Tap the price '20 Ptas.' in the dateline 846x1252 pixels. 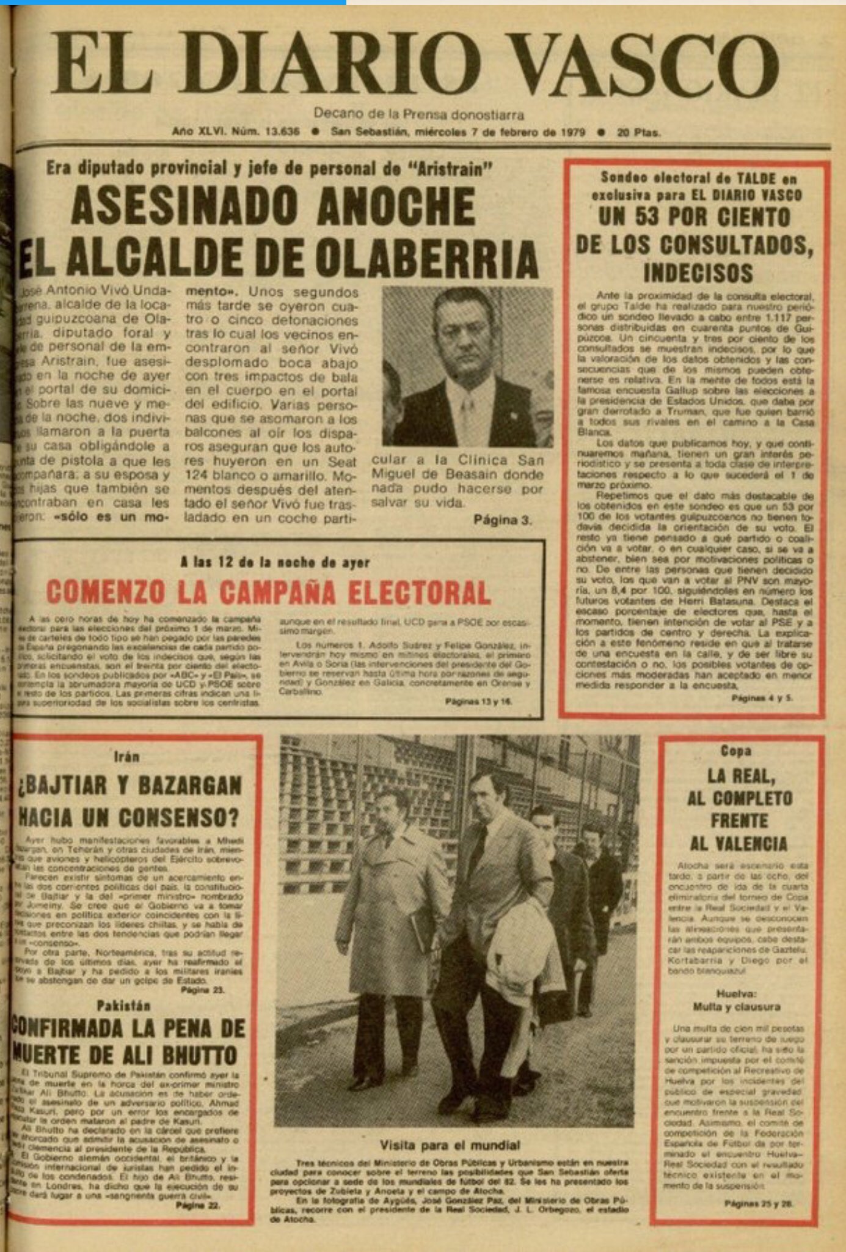[x=638, y=132]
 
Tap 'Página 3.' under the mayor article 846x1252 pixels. [x=502, y=520]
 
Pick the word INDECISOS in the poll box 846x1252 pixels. [x=698, y=273]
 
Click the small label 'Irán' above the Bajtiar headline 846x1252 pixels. [x=127, y=757]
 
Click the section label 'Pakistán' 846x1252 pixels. [x=123, y=1005]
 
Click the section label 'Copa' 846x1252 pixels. [x=735, y=750]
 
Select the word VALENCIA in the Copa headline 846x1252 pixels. [x=738, y=844]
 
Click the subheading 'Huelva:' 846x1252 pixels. [x=737, y=994]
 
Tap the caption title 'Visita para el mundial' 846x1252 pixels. [x=450, y=1145]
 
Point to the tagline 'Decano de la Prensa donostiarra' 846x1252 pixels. [x=418, y=114]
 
